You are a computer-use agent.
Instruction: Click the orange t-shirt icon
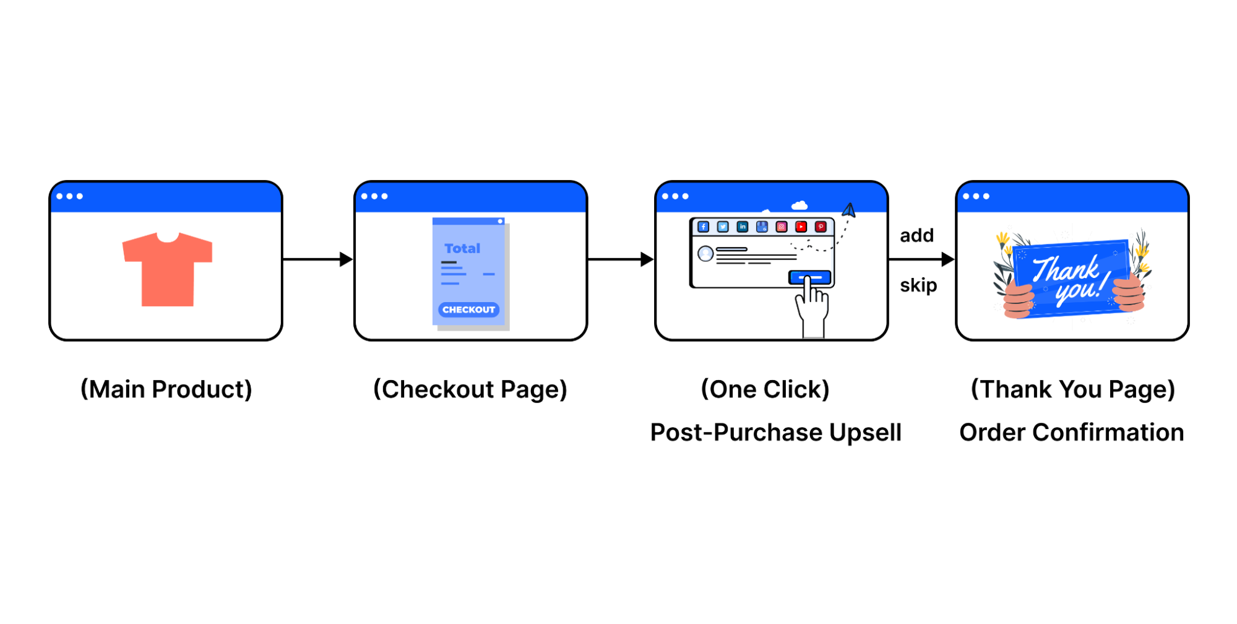(167, 269)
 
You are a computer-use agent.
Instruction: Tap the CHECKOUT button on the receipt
(468, 310)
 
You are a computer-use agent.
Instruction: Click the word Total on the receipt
(462, 248)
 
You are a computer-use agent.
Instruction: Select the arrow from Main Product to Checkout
(317, 259)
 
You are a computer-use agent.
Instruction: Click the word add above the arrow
(916, 235)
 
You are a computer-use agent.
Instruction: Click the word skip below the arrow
(918, 285)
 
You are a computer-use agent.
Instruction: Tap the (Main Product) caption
(166, 389)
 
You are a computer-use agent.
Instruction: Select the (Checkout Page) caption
(470, 389)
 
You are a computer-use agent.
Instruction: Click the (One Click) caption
(765, 389)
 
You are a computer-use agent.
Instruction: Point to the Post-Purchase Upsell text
(775, 432)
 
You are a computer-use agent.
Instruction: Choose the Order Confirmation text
(1071, 432)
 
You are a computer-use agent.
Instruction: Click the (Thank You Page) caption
(1072, 389)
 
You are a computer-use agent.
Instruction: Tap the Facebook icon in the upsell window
(703, 227)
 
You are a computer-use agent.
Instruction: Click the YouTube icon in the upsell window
(801, 227)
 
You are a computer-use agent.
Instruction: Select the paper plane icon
(849, 210)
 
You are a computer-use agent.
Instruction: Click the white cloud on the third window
(800, 205)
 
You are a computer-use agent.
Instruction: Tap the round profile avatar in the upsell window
(705, 253)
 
